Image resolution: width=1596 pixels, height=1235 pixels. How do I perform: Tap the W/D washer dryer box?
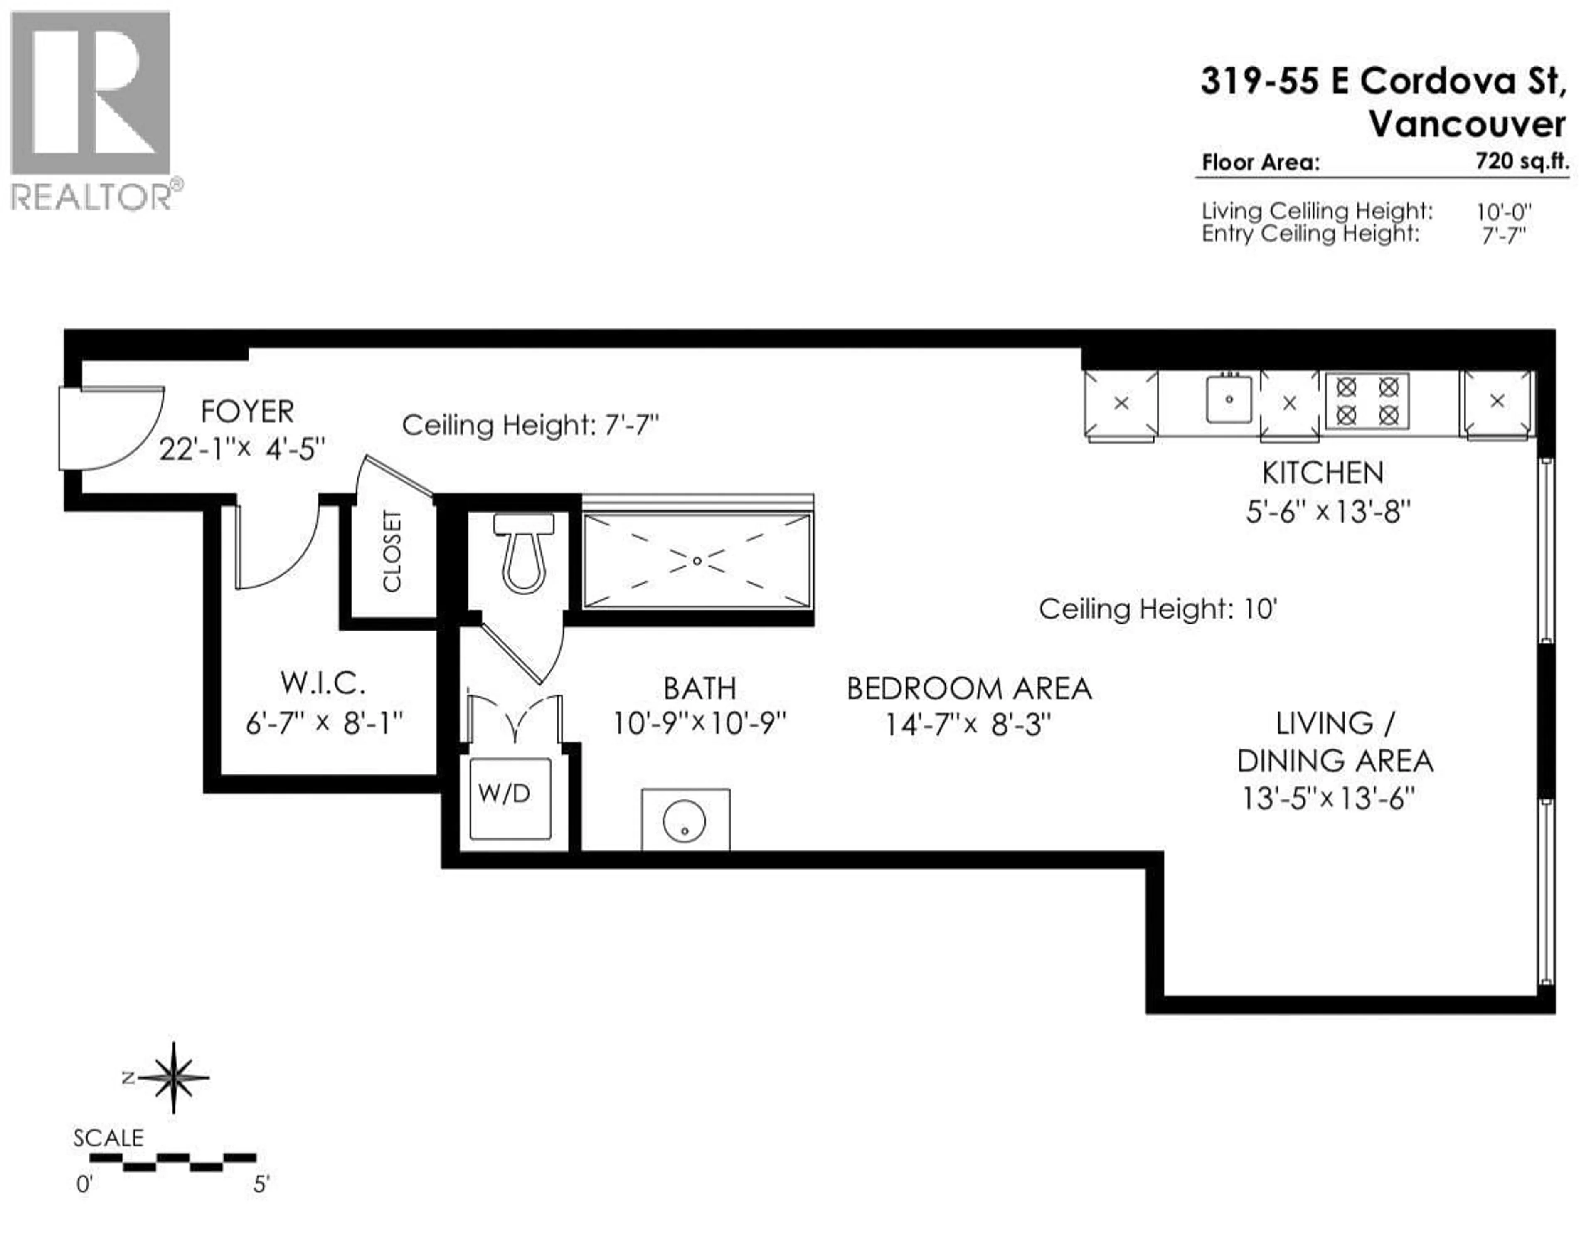(509, 799)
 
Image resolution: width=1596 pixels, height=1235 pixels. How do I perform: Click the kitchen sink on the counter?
(1229, 399)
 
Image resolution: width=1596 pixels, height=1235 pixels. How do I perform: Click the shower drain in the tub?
(697, 560)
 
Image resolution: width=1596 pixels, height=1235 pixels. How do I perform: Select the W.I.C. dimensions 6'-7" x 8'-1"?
(324, 723)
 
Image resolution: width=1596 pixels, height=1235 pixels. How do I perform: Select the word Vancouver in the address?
(1467, 123)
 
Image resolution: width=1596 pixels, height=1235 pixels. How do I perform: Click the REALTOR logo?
(91, 110)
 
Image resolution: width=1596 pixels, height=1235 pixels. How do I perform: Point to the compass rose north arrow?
(173, 1077)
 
